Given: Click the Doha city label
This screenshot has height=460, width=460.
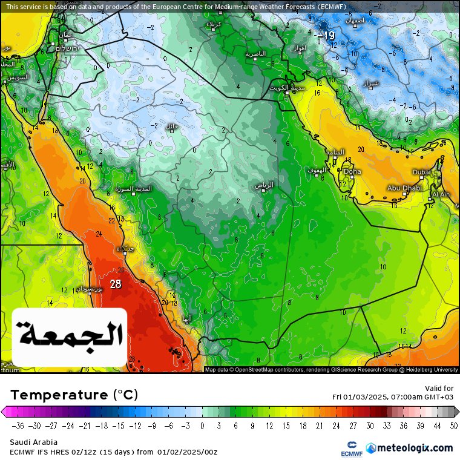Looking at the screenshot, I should tap(352, 171).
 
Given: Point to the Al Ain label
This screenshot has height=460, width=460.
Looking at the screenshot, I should tap(441, 194).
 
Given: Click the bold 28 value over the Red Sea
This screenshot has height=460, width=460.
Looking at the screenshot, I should tap(115, 284).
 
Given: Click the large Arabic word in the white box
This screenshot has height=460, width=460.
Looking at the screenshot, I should tap(70, 335).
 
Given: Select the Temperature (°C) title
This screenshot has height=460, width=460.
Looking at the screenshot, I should tap(74, 395).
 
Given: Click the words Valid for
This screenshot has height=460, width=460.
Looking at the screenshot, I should tap(439, 389).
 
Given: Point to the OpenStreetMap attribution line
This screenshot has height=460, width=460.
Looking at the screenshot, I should tap(331, 369).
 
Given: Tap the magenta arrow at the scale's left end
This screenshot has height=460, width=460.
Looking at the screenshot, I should tap(5, 412).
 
